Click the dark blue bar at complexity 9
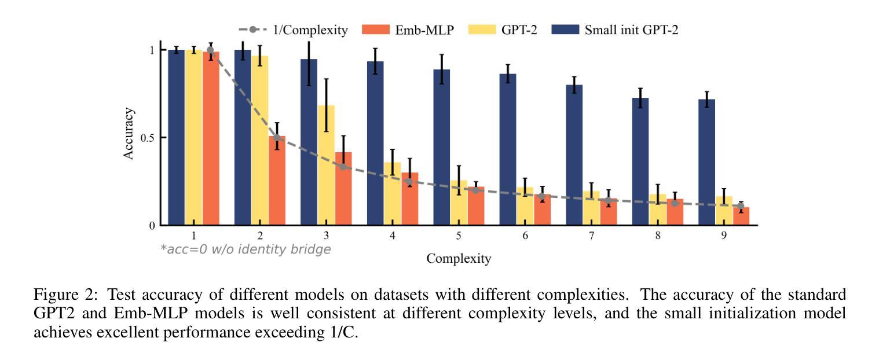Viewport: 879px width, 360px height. pyautogui.click(x=706, y=162)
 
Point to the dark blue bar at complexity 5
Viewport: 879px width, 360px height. pyautogui.click(x=442, y=147)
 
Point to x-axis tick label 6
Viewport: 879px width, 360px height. pyautogui.click(x=525, y=236)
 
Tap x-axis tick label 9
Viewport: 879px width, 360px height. pyautogui.click(x=723, y=236)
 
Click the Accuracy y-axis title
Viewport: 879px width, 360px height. pyautogui.click(x=129, y=134)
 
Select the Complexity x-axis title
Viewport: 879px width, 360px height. pyautogui.click(x=459, y=259)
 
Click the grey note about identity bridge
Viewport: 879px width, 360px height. pyautogui.click(x=246, y=249)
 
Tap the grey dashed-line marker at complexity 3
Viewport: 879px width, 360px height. pyautogui.click(x=343, y=167)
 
